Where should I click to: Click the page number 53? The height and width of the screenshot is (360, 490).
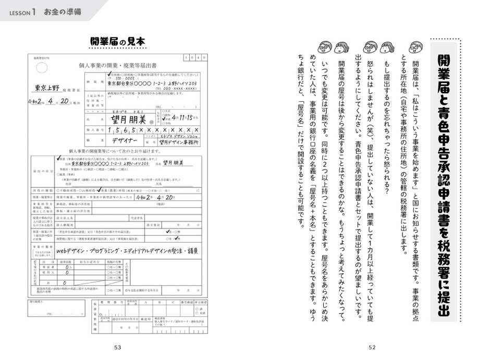coord(117,347)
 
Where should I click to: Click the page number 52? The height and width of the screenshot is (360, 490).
coord(372,347)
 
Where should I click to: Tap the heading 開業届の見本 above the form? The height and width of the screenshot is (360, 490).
coord(117,42)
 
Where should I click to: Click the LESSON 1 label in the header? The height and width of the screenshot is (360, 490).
coord(22,11)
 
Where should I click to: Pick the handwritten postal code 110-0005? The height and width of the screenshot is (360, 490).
coord(121,78)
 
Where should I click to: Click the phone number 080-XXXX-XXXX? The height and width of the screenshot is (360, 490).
coord(173,89)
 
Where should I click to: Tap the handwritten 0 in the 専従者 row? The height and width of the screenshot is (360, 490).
coord(67,265)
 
